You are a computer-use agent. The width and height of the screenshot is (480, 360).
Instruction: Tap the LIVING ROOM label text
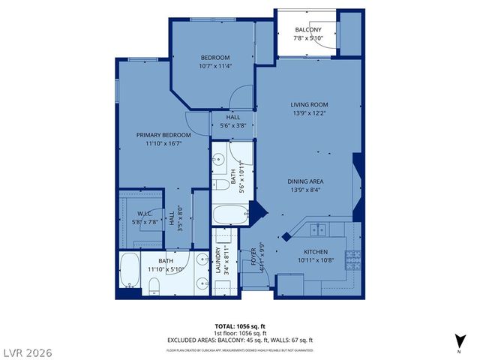coord(310,104)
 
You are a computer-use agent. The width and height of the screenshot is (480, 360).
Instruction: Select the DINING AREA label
coord(305,181)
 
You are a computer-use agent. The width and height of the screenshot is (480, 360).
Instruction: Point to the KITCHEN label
coord(316,252)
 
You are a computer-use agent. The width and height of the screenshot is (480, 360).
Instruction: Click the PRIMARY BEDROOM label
coord(163,135)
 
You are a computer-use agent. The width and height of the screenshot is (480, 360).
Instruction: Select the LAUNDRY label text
coord(223,262)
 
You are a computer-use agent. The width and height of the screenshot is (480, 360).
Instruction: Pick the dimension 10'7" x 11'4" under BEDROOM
coord(214,66)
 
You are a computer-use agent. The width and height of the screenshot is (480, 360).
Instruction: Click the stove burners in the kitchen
coord(352,259)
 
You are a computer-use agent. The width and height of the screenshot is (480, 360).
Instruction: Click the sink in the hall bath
coord(219,158)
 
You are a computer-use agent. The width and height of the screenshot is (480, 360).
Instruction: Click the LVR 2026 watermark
coord(26,351)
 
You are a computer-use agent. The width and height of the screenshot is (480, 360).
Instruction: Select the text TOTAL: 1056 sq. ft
coord(240,326)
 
